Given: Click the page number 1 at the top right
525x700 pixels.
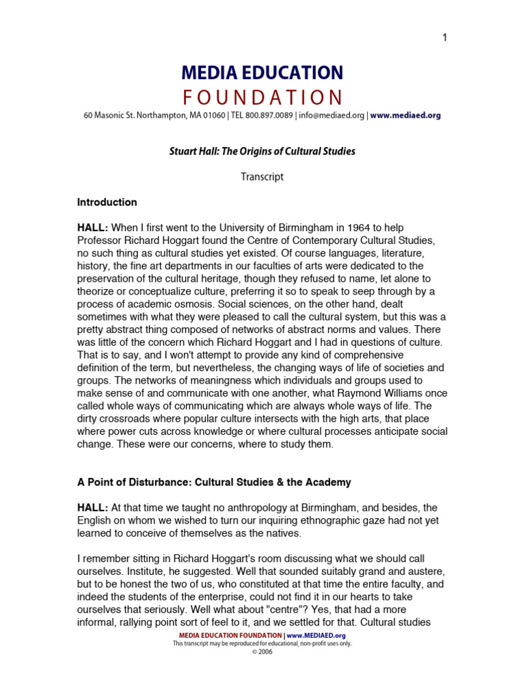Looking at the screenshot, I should pyautogui.click(x=444, y=38).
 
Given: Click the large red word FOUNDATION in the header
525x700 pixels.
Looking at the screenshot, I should pyautogui.click(x=262, y=96).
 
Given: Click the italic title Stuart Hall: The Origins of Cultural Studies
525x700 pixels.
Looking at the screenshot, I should pyautogui.click(x=262, y=151).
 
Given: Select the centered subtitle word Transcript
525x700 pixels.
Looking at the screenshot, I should pyautogui.click(x=262, y=177).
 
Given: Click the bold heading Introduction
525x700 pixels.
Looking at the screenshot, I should pyautogui.click(x=107, y=202).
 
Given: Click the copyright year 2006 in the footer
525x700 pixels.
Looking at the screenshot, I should pyautogui.click(x=265, y=652).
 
